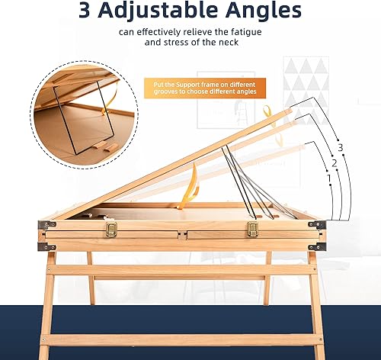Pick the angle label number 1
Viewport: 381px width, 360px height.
(x=328, y=178)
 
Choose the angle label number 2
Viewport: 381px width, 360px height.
(x=333, y=163)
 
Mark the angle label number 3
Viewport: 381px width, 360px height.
(x=339, y=147)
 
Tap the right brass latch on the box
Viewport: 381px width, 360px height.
(x=253, y=229)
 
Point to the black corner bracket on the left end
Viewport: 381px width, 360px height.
(x=48, y=227)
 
